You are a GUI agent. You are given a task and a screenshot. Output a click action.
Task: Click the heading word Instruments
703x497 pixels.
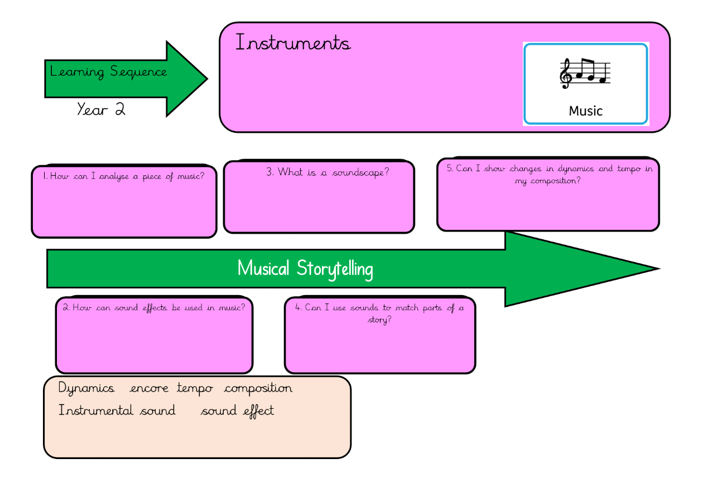(x=293, y=43)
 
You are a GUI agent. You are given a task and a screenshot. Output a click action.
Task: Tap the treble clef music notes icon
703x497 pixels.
(x=585, y=74)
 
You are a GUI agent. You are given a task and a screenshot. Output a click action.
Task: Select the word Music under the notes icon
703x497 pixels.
(x=585, y=110)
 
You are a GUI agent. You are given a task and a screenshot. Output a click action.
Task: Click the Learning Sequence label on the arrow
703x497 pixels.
(x=108, y=72)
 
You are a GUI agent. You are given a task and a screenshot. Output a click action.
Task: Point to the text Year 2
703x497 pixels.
(x=101, y=109)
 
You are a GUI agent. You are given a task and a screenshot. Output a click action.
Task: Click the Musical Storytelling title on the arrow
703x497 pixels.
(x=305, y=269)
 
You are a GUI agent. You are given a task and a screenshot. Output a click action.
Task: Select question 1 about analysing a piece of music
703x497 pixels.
(x=123, y=176)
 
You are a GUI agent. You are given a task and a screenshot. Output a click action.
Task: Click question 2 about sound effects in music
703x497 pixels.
(x=154, y=307)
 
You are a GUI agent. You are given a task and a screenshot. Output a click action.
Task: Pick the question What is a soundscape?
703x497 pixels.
(x=328, y=172)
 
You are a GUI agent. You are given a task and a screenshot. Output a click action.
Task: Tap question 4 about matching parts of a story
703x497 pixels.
(x=379, y=313)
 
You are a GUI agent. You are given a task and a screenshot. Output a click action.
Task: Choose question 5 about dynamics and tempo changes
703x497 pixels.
(x=549, y=175)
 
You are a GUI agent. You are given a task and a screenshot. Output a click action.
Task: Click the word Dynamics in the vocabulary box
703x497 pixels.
(x=86, y=389)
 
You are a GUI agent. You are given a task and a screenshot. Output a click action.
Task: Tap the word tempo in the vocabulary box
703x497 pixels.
(x=195, y=389)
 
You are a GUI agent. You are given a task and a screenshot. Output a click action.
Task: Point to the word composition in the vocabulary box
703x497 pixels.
(x=258, y=389)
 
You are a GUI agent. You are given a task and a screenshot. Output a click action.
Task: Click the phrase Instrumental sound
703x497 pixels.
(x=117, y=411)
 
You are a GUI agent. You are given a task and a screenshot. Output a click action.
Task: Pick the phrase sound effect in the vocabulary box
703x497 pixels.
(x=237, y=411)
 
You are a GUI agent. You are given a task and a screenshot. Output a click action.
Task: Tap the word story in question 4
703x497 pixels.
(x=379, y=320)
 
